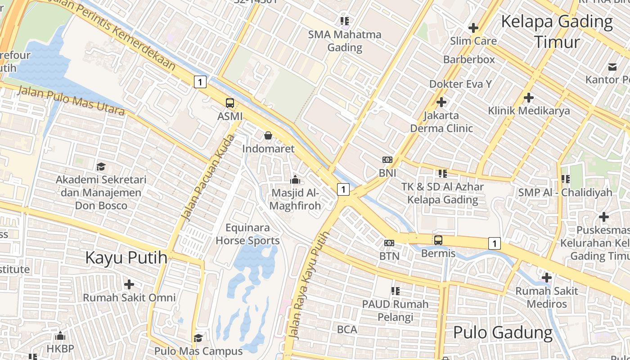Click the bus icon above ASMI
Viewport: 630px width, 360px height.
point(230,103)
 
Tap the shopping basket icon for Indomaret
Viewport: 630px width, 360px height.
point(268,135)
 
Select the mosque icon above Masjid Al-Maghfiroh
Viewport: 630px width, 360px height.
point(295,180)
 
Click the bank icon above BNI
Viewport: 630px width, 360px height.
point(387,160)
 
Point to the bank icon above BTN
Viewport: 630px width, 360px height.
point(389,243)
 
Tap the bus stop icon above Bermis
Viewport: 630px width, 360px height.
point(438,240)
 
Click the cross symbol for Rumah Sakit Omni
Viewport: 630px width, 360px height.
point(129,284)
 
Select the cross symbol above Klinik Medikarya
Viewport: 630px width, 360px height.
point(529,97)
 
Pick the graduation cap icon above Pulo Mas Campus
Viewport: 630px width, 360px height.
point(198,337)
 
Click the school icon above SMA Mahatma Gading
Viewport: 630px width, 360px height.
point(345,21)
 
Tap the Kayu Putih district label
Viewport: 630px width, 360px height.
point(126,258)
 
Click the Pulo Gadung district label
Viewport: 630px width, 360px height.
point(503,333)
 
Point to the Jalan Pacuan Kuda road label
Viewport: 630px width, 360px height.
point(208,178)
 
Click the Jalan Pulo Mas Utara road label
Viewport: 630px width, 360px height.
point(71,100)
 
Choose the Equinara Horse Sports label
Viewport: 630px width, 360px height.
point(247,234)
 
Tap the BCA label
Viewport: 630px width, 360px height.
point(347,329)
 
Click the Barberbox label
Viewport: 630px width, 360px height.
point(469,59)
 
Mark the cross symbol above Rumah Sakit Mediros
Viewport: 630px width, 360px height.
point(547,278)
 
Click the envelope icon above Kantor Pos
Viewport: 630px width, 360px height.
point(612,67)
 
